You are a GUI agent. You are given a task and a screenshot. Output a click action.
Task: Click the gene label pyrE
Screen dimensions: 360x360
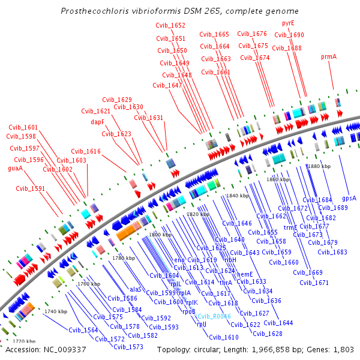click(288, 23)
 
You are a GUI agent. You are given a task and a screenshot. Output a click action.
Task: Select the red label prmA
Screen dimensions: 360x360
click(329, 56)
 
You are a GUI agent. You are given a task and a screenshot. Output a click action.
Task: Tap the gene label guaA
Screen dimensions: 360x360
click(16, 169)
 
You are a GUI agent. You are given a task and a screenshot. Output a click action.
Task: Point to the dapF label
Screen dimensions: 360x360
click(98, 121)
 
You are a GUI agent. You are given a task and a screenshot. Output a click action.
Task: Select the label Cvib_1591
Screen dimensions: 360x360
click(31, 188)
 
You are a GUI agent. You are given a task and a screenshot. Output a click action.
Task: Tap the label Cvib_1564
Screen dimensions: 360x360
click(83, 330)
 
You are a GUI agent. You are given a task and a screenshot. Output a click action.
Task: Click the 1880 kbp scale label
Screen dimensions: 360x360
click(318, 166)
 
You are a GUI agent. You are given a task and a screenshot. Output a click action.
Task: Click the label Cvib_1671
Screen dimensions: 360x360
click(314, 283)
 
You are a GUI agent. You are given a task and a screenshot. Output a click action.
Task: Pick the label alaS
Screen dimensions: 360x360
click(136, 289)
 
